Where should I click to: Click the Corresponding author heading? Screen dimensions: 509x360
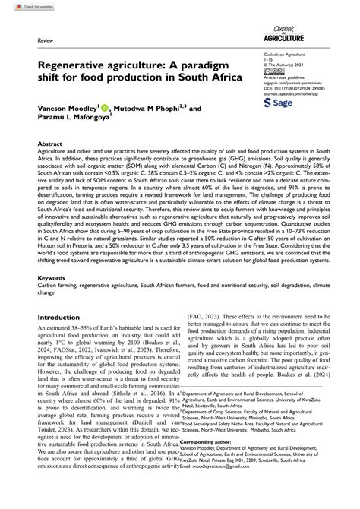223,482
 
